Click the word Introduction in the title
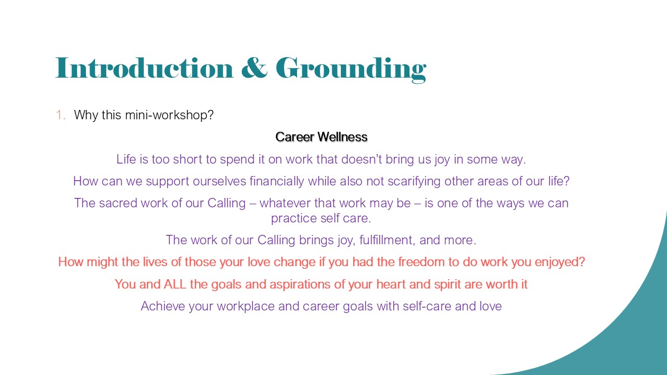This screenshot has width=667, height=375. (144, 68)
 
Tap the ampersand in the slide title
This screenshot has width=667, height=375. (254, 68)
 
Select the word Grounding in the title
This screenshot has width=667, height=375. (351, 70)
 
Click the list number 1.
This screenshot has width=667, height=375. (60, 115)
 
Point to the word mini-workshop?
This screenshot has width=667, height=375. (169, 116)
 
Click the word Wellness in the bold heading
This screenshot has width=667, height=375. (342, 137)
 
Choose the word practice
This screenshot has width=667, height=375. (294, 218)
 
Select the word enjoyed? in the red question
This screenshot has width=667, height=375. (560, 262)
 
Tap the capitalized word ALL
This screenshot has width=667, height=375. (175, 284)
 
